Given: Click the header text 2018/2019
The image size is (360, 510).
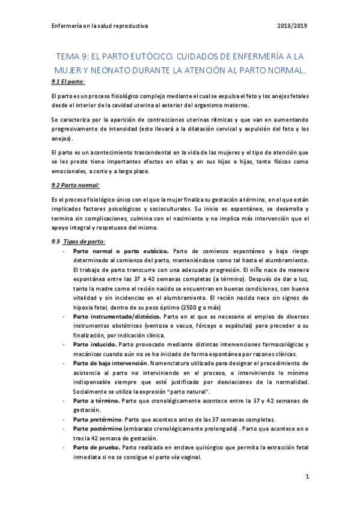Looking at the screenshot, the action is point(293,26).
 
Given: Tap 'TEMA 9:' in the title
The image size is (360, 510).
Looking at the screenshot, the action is point(72,57).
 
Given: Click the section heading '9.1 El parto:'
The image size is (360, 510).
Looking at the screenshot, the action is point(69,81).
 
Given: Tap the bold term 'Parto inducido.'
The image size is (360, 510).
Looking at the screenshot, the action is point(94,344).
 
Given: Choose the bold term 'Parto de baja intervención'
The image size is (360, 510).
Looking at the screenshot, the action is point(109,363).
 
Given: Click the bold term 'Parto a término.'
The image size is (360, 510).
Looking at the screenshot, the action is point(96,400).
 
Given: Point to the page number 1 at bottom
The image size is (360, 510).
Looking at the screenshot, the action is point(307,477).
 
